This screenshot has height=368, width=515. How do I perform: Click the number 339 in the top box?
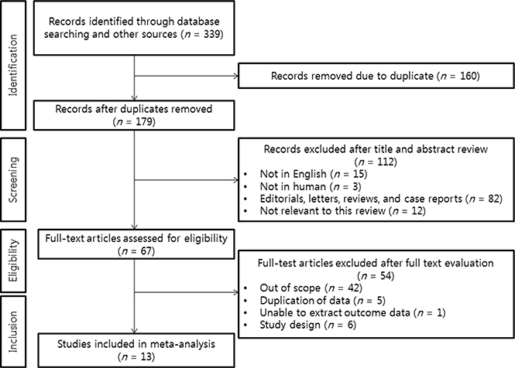tap(212, 34)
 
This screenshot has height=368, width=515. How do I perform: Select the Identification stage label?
tap(13, 65)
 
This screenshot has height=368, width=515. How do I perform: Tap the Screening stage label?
tap(13, 179)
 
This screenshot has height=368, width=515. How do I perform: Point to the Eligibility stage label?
tap(13, 261)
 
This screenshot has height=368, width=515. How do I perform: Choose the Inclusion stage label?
tap(13, 332)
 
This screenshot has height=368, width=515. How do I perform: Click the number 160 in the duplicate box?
tap(468, 76)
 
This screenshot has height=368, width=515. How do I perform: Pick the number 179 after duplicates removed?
tap(144, 121)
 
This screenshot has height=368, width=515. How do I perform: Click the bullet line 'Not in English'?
tap(314, 174)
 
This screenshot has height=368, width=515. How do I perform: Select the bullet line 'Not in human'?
tap(311, 186)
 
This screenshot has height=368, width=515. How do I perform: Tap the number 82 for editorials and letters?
tap(493, 199)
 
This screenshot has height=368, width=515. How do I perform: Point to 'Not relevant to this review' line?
tap(342, 211)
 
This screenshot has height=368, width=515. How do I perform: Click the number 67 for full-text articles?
tap(146, 251)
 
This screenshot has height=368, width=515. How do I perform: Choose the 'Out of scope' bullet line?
tap(311, 288)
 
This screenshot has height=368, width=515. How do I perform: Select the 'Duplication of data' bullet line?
tap(322, 301)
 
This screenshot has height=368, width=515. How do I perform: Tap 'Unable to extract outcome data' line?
tap(352, 312)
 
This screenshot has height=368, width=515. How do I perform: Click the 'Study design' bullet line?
tap(307, 325)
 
